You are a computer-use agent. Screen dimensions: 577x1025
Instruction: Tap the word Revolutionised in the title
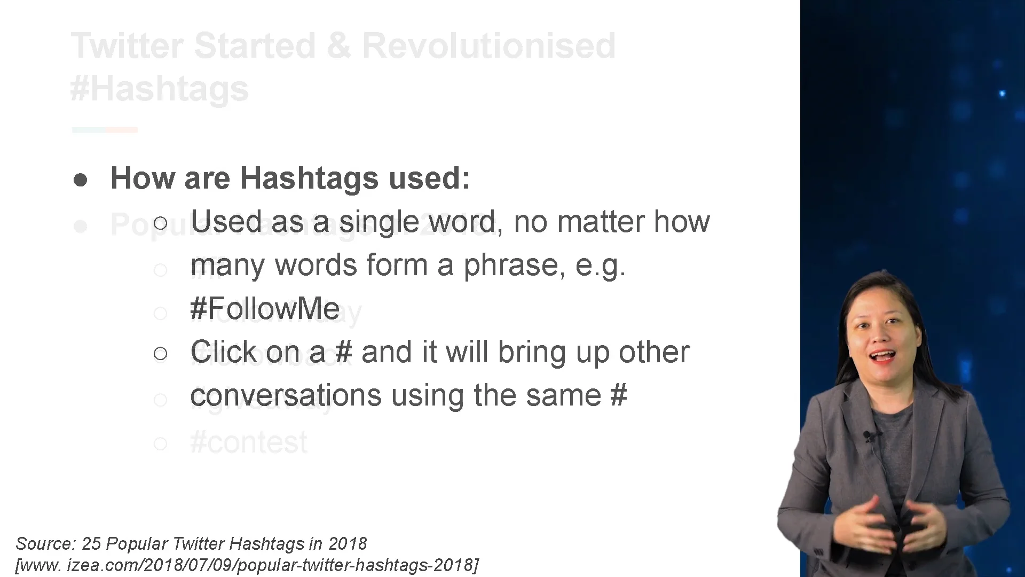coord(488,46)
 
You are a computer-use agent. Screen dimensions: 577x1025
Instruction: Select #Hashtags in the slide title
coord(160,89)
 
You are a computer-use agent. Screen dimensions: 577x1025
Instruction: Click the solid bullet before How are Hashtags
coord(81,180)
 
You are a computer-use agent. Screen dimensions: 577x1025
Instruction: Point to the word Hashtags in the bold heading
coord(309,178)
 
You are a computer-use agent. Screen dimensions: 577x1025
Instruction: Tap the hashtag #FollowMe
coord(265,309)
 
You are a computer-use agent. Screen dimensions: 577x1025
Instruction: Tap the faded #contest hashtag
coord(249,442)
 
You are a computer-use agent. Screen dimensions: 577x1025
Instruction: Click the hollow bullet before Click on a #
coord(160,353)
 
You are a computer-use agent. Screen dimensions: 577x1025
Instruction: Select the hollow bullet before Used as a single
coord(160,223)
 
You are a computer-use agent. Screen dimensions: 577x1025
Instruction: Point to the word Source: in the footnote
coord(45,544)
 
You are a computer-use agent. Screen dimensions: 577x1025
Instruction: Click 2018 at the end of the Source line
coord(348,544)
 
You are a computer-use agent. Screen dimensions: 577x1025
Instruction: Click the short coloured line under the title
coord(105,130)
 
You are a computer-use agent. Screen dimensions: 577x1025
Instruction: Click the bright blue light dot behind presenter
coord(1002,93)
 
